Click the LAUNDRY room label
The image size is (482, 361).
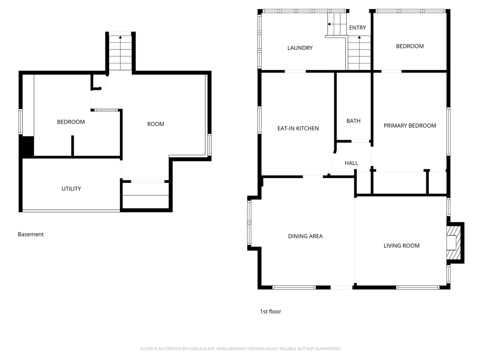click(x=300, y=48)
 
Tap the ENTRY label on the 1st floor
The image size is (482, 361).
click(x=357, y=28)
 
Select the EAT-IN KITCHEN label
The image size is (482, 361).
click(x=297, y=128)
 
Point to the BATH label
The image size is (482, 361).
click(x=353, y=121)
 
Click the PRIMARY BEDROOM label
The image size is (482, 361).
click(x=410, y=126)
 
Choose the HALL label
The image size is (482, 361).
click(x=351, y=163)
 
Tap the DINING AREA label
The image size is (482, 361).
click(x=305, y=236)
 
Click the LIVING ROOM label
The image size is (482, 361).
click(x=401, y=246)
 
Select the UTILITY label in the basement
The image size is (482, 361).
click(x=71, y=189)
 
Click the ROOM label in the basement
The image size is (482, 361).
click(x=156, y=124)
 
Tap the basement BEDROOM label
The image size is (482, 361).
click(x=71, y=122)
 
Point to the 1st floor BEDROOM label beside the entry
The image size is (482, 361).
click(x=410, y=46)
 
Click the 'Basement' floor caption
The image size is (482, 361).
click(x=31, y=234)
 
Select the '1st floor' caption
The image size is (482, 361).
click(x=271, y=311)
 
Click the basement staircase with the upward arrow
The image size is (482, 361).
click(x=121, y=52)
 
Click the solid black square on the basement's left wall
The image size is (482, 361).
click(x=27, y=146)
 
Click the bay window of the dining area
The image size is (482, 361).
click(x=249, y=223)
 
